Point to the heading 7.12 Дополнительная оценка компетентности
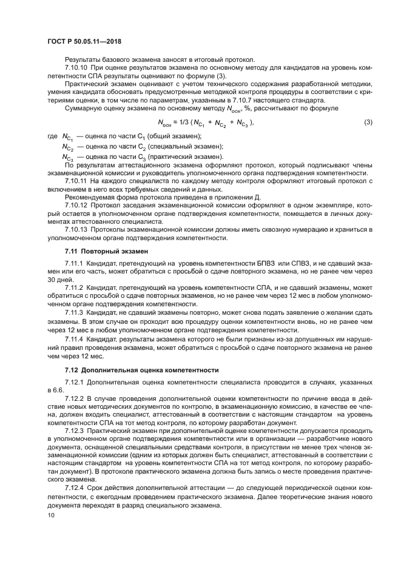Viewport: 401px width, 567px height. click(135, 369)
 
